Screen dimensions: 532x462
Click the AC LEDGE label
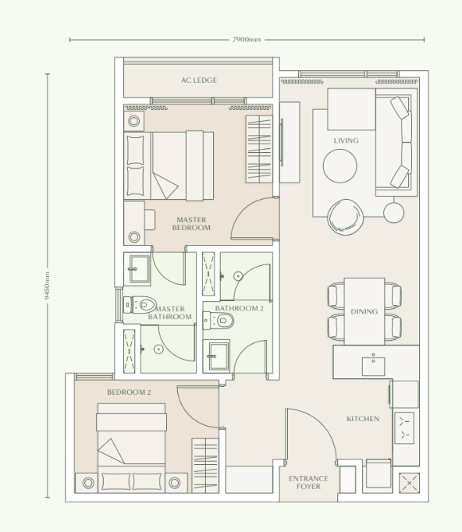click(x=199, y=80)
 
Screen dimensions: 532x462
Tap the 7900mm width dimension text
click(x=247, y=39)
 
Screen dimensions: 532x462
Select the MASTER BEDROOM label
click(x=191, y=224)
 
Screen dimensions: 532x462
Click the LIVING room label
click(x=346, y=141)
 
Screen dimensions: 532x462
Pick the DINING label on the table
click(x=364, y=312)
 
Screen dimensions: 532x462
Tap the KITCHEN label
click(x=363, y=419)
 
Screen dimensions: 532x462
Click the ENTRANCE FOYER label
click(x=309, y=482)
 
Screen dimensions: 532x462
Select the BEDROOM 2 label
click(x=129, y=392)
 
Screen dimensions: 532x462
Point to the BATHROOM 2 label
click(x=240, y=309)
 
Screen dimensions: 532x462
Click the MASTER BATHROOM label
click(x=170, y=314)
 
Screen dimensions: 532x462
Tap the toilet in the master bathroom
click(x=141, y=305)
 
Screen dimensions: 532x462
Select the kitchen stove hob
click(x=406, y=427)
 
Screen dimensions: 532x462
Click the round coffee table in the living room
click(x=340, y=165)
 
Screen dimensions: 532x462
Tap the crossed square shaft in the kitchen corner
click(x=410, y=483)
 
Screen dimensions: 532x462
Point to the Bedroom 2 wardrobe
click(x=205, y=465)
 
